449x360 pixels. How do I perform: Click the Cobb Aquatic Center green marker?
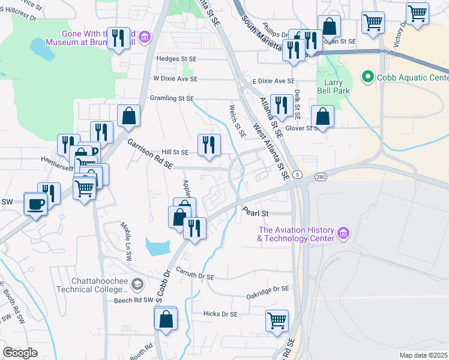tap(367, 77)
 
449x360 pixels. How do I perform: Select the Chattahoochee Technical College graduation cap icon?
tap(137, 283)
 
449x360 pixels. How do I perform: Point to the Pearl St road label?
tap(255, 212)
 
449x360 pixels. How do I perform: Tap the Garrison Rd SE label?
tap(150, 154)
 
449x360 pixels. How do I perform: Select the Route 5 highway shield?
tap(298, 174)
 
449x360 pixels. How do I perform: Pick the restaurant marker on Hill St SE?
tap(209, 145)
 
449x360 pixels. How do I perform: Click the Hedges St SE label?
tap(176, 59)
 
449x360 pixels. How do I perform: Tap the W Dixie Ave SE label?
tap(175, 79)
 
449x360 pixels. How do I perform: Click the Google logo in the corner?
tap(20, 352)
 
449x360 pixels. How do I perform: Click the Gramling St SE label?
tap(172, 98)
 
